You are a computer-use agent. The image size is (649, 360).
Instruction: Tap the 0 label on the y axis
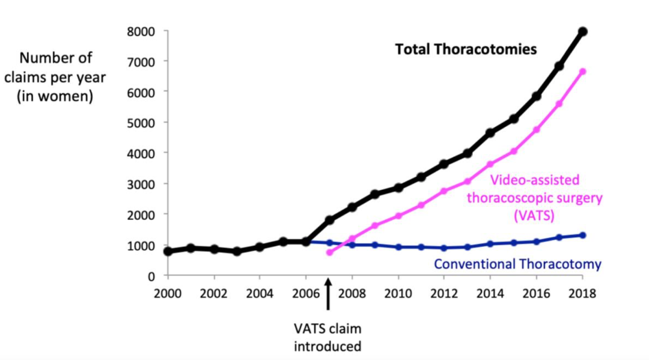[x=151, y=276]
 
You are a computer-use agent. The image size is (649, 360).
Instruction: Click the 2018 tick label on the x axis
[x=582, y=294]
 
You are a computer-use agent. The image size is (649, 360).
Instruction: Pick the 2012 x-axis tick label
[x=443, y=294]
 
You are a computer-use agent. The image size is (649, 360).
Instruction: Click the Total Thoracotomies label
[x=465, y=50]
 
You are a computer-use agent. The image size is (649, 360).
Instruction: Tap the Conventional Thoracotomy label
[x=517, y=264]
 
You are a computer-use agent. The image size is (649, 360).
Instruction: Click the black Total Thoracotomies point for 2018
[x=582, y=31]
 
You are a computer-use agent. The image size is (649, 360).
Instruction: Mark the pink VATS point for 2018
[x=582, y=72]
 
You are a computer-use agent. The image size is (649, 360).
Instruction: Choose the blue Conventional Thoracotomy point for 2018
[x=582, y=235]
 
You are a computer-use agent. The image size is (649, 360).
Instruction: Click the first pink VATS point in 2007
[x=329, y=252]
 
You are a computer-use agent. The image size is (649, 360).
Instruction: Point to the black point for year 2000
[x=168, y=251]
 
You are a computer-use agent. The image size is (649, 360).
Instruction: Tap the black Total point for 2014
[x=490, y=133]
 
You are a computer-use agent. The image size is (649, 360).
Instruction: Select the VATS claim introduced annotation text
[x=328, y=337]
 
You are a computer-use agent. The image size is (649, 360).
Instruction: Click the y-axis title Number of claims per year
[x=56, y=78]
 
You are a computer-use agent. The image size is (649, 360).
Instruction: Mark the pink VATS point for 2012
[x=444, y=191]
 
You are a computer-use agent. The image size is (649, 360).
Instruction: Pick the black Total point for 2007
[x=329, y=220]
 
